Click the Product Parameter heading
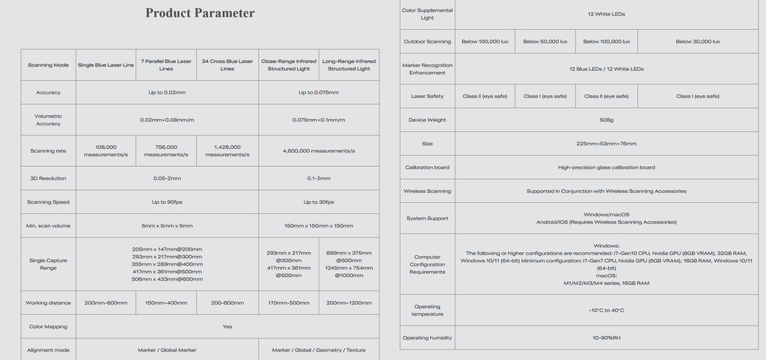pos(200,13)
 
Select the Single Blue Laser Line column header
pos(106,65)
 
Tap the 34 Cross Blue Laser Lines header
pos(227,65)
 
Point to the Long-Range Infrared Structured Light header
pos(349,65)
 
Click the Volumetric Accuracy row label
pos(49,120)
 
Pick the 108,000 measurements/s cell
pos(106,150)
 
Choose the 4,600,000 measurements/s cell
pos(319,150)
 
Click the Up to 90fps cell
pos(167,202)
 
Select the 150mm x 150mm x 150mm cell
pos(319,225)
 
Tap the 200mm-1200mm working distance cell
pos(349,302)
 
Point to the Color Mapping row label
pos(49,326)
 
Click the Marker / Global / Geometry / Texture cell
pos(319,350)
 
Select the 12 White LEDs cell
pos(606,13)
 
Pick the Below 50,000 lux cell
pos(545,41)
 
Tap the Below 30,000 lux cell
pos(697,41)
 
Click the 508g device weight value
pos(606,120)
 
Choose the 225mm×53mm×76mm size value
pos(606,143)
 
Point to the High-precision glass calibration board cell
pos(606,168)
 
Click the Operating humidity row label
pos(427,338)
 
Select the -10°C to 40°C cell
pos(606,310)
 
